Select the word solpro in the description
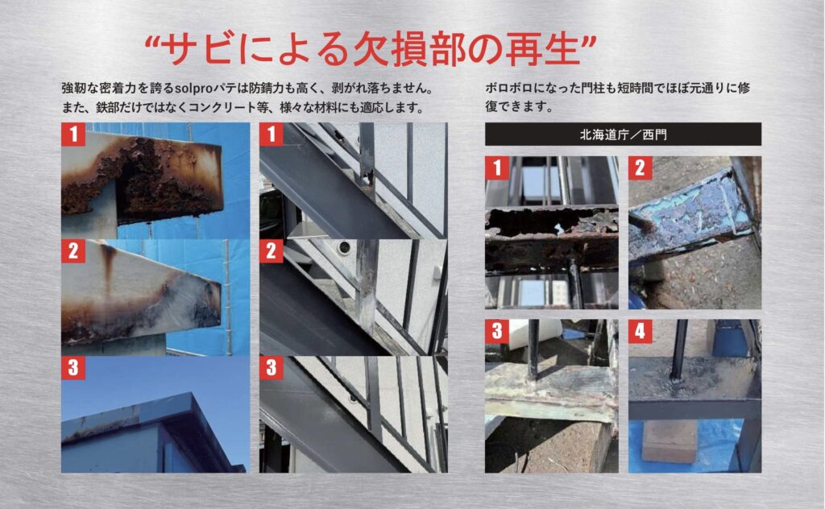193,88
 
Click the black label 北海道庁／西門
623,134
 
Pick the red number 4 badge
640,331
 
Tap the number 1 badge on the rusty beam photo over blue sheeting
73,134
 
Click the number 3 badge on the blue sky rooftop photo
73,367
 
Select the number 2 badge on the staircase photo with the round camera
271,250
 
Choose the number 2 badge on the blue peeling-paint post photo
640,168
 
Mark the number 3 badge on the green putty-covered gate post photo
496,331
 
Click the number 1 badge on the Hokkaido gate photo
496,168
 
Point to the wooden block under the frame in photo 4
668,441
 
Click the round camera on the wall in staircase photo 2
343,247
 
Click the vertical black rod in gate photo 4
678,350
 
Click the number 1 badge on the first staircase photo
271,134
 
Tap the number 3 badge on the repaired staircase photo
271,367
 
